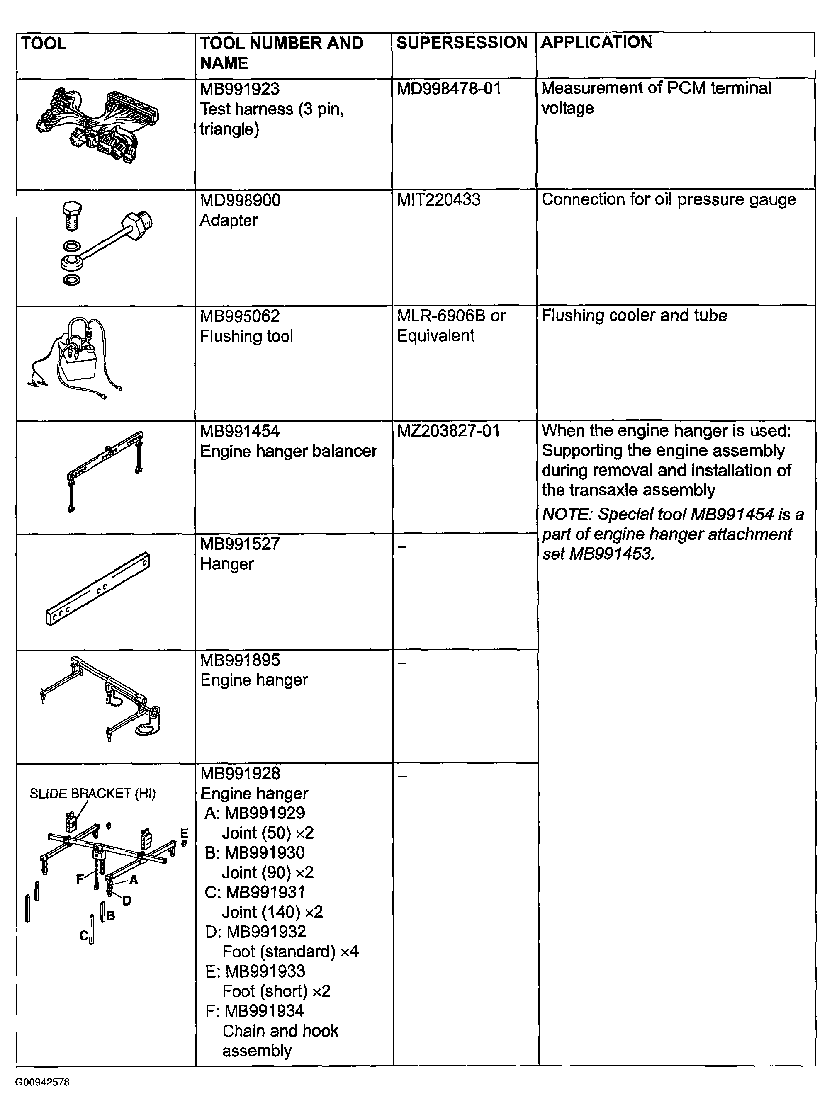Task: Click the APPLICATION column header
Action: click(x=596, y=42)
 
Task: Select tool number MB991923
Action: click(x=240, y=89)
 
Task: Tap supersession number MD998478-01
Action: click(x=449, y=89)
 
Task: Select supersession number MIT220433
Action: click(x=439, y=200)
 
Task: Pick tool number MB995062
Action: click(x=240, y=316)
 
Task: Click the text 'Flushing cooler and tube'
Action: click(x=634, y=316)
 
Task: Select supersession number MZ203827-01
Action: click(x=448, y=431)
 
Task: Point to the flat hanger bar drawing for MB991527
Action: click(x=98, y=588)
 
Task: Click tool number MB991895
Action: click(x=240, y=660)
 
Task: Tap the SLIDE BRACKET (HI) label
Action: click(x=92, y=794)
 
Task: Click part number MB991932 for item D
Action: click(x=266, y=932)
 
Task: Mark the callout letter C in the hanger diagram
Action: click(x=84, y=936)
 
